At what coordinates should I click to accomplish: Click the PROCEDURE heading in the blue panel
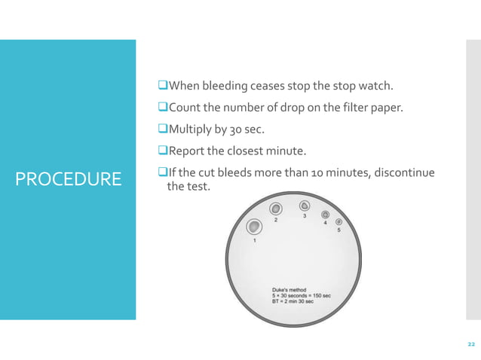point(68,179)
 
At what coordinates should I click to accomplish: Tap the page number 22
point(470,344)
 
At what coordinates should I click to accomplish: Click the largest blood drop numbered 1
point(254,227)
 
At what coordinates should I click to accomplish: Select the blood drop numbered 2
point(276,209)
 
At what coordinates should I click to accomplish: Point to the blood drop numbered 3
point(304,206)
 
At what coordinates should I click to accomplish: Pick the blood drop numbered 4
point(326,215)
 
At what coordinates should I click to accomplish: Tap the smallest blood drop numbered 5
point(339,221)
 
